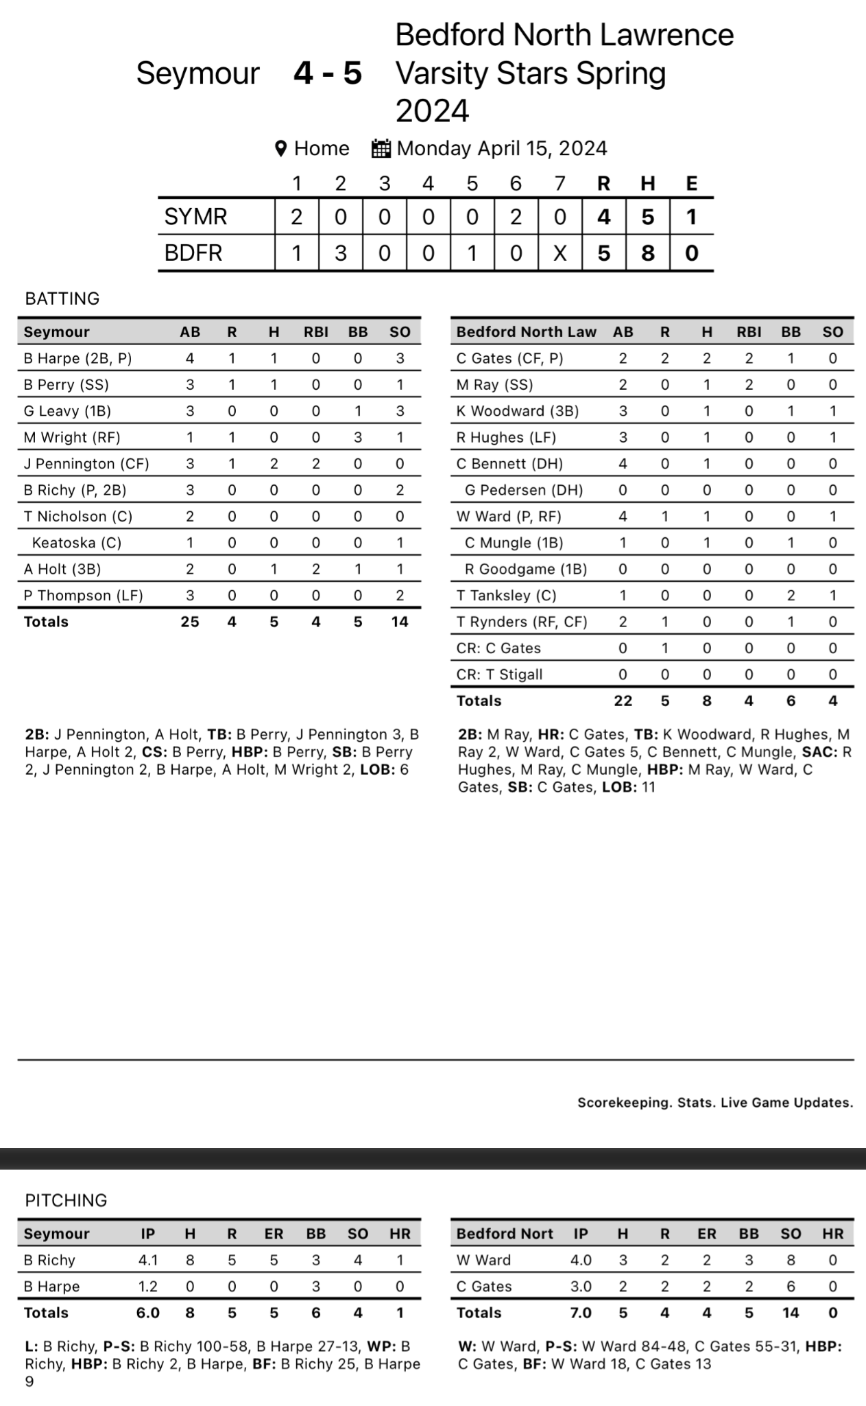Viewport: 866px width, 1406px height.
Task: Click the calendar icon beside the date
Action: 381,148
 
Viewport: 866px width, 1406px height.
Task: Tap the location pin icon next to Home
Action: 280,148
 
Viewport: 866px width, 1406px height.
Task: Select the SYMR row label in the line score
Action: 195,217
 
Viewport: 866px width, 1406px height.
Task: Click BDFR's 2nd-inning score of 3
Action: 340,253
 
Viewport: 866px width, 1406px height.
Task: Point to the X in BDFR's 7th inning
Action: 560,253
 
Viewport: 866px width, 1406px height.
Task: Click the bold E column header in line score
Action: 691,183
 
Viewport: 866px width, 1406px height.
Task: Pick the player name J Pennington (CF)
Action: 86,464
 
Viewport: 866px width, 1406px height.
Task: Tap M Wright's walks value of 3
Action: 357,438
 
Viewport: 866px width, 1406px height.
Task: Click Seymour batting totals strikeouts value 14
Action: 399,622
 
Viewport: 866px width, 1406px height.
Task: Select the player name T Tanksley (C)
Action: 506,596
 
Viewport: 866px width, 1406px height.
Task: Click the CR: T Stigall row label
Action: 499,675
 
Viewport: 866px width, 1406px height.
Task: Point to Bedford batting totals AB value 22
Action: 623,701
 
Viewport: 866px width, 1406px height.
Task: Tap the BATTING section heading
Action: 62,298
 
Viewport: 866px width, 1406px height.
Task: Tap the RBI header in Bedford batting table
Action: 749,332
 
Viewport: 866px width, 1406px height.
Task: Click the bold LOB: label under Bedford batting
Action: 619,787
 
